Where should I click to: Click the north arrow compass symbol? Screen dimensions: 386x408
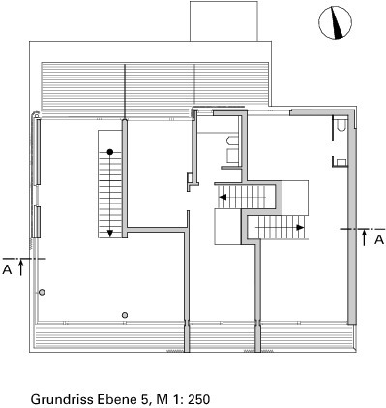pos(335,23)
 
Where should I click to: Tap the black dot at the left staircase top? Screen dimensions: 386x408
pos(110,152)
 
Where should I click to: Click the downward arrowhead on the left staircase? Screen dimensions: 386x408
pos(110,233)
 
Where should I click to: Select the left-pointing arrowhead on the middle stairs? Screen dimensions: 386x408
pos(223,197)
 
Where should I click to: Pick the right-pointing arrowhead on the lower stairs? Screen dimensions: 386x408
pos(300,227)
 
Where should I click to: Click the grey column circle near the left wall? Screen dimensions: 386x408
pos(42,292)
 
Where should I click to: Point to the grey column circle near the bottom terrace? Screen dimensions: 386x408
pos(125,315)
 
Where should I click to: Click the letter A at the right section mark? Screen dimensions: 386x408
pos(380,239)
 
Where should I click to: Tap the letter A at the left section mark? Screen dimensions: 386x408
pos(7,269)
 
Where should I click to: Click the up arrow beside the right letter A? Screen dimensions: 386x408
pos(365,237)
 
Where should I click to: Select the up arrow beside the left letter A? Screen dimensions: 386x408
pos(21,267)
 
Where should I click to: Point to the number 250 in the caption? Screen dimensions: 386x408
pos(198,399)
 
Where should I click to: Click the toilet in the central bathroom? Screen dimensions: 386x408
pos(232,141)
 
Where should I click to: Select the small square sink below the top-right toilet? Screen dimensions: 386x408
pos(341,162)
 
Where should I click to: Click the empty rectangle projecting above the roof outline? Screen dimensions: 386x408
pos(223,21)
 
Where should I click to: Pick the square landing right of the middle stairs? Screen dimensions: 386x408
pos(295,198)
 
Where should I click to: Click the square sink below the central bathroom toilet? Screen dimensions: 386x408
pos(232,155)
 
